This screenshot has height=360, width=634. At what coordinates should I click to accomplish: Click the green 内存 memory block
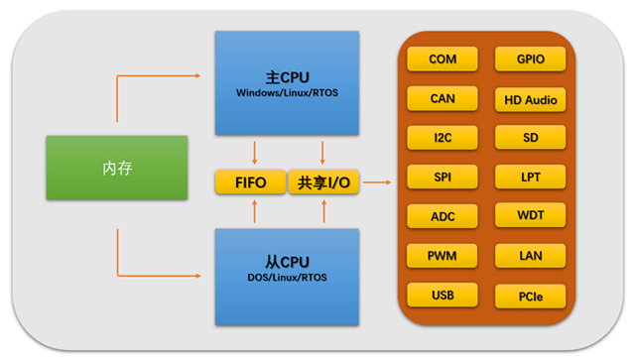click(117, 168)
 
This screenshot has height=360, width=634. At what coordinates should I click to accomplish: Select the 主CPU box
click(287, 82)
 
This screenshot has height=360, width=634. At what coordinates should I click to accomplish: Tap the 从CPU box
click(287, 276)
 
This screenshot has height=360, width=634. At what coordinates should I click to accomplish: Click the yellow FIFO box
click(248, 182)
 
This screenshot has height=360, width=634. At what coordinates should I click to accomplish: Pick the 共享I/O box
click(323, 182)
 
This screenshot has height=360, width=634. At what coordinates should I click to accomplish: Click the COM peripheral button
click(443, 60)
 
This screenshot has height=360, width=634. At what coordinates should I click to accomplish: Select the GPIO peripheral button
click(531, 60)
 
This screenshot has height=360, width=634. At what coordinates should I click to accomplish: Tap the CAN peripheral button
click(443, 98)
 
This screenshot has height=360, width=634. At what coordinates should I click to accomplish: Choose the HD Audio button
click(531, 99)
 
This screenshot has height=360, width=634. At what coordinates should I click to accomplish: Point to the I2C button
click(443, 137)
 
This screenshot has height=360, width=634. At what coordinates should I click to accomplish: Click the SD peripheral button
click(531, 137)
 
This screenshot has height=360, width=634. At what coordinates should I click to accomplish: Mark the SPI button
click(443, 177)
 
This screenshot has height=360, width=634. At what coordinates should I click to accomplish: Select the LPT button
click(531, 177)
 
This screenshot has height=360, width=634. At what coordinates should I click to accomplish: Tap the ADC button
click(443, 216)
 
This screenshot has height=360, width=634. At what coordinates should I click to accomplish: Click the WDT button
click(531, 215)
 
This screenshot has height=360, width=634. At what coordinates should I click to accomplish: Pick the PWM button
click(443, 256)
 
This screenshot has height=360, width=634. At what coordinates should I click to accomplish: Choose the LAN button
click(531, 256)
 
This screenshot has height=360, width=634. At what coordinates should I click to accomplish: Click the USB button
click(443, 295)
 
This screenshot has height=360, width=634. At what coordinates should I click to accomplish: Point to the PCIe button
click(531, 295)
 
